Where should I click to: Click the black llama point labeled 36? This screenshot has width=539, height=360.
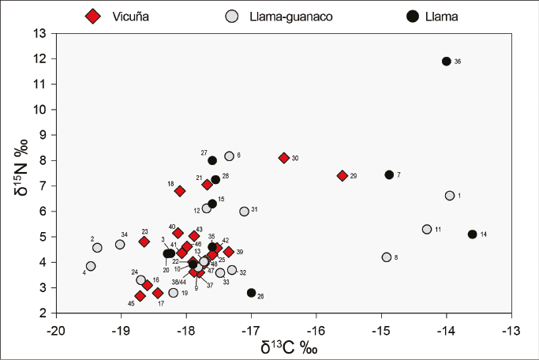(x=447, y=62)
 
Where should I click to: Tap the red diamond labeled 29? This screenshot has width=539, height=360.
(x=342, y=175)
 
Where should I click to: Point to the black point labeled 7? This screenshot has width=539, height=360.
(x=389, y=174)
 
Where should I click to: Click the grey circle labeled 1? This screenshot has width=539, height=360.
(x=450, y=195)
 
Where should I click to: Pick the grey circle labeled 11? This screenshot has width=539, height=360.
(x=427, y=229)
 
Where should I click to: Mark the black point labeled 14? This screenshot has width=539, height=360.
(x=473, y=234)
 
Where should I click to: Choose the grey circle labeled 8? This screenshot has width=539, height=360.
(x=387, y=257)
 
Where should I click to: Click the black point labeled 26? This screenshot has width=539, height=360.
(x=251, y=293)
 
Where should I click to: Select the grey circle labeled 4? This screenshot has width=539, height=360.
(x=91, y=266)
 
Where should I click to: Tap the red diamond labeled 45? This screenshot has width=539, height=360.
(x=140, y=296)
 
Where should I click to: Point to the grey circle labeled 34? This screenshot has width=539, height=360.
(x=120, y=245)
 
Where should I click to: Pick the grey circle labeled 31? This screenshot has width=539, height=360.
(x=245, y=212)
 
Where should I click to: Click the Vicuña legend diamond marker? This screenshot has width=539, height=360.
(x=95, y=16)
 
